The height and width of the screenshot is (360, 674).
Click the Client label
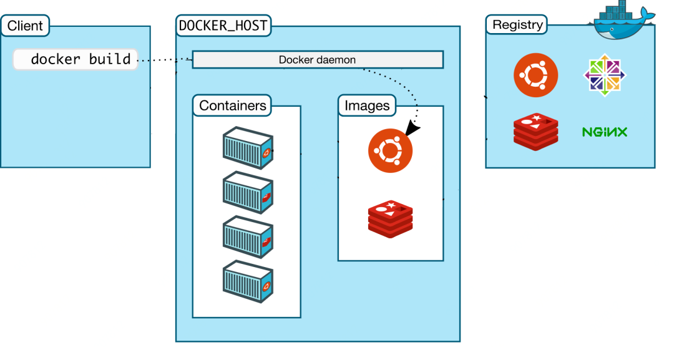click(x=25, y=26)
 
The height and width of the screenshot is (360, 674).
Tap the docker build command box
click(x=76, y=59)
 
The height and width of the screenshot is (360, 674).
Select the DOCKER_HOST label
click(x=223, y=26)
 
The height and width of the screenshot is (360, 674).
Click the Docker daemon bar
click(x=318, y=60)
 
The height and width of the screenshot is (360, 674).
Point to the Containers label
click(x=232, y=105)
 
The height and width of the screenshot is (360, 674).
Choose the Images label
click(x=367, y=105)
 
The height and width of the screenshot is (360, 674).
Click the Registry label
click(x=517, y=25)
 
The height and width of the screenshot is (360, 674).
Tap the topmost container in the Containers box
click(x=248, y=148)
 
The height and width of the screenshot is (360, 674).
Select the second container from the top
click(x=248, y=192)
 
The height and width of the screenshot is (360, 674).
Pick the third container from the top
click(x=248, y=237)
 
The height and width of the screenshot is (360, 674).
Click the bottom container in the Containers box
click(x=248, y=281)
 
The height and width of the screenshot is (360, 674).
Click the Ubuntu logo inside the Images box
click(x=390, y=151)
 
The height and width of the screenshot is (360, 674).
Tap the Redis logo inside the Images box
click(x=390, y=219)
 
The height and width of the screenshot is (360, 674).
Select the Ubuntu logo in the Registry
click(x=535, y=75)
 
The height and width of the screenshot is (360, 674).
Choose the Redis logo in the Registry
click(x=535, y=132)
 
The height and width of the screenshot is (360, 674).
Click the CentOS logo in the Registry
click(x=604, y=75)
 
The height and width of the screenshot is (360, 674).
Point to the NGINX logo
click(x=604, y=132)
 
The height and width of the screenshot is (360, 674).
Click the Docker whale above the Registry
click(x=622, y=21)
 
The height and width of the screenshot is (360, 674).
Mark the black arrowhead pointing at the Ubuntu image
click(x=412, y=128)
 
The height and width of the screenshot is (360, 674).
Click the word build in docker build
click(x=110, y=59)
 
